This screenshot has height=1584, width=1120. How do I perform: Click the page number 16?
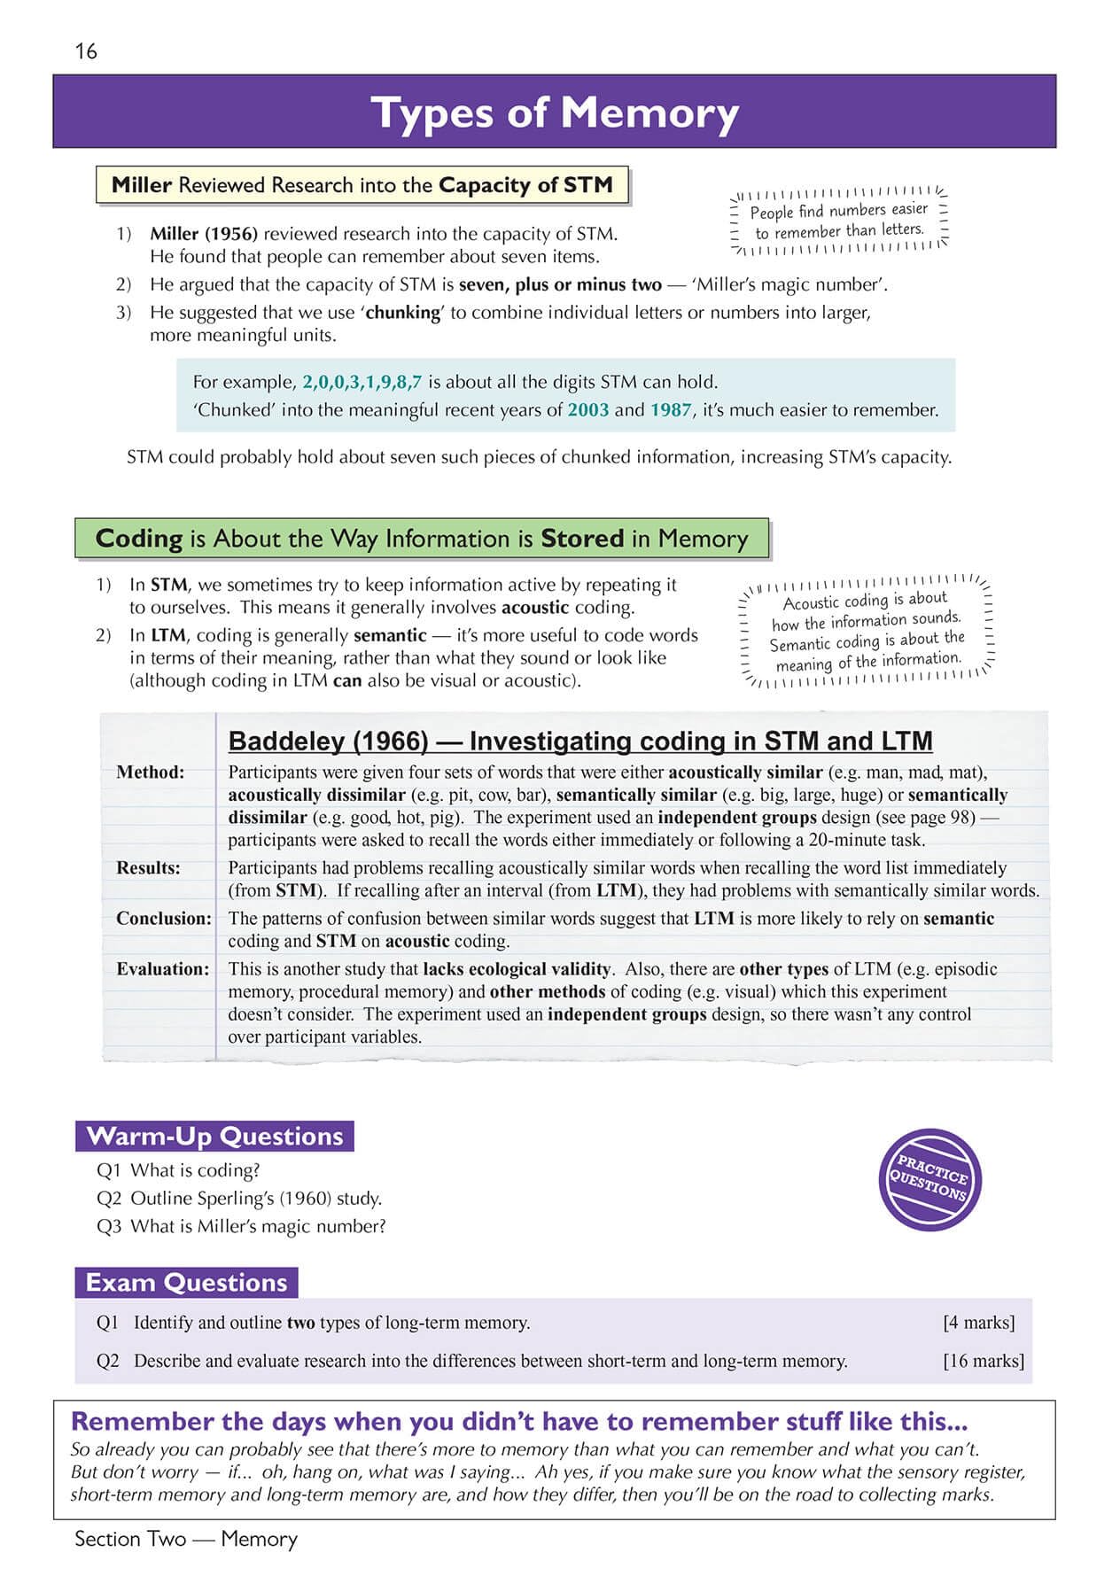(86, 51)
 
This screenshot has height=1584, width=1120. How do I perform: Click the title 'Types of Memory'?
(555, 113)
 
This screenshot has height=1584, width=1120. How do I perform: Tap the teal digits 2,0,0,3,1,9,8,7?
(362, 383)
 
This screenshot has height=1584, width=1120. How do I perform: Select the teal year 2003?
(587, 410)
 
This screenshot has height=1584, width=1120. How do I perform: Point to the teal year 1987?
(670, 410)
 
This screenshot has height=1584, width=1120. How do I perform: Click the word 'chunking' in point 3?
(402, 313)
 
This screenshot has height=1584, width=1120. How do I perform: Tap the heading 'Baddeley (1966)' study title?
(580, 741)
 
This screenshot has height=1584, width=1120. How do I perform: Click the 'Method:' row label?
(150, 773)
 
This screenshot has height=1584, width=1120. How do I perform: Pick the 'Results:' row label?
(148, 868)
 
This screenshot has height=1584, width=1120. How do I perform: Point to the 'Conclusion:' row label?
(164, 919)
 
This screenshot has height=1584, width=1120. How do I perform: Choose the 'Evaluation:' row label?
(163, 969)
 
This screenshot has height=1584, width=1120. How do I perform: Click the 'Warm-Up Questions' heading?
(214, 1137)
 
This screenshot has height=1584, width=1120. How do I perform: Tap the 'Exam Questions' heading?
(186, 1283)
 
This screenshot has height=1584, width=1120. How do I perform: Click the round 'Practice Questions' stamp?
(929, 1180)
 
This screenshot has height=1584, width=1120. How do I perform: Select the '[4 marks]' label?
(978, 1323)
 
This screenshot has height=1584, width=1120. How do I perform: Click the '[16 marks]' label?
(983, 1361)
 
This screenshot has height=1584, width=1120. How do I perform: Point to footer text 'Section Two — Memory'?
(186, 1539)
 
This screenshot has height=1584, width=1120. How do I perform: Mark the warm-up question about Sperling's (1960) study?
(239, 1199)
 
